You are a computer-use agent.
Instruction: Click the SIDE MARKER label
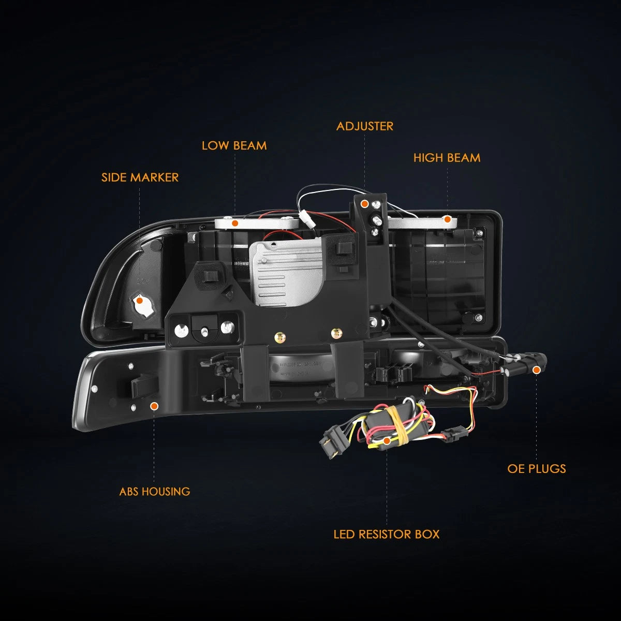click(140, 178)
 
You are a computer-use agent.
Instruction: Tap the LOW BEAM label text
click(234, 145)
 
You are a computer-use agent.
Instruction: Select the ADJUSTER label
click(364, 126)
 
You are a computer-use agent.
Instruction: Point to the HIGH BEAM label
click(447, 158)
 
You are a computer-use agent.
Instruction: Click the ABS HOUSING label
click(155, 492)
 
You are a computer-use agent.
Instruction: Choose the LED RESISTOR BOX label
click(387, 534)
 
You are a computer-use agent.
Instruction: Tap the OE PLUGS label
click(537, 468)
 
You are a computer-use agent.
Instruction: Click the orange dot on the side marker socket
click(140, 300)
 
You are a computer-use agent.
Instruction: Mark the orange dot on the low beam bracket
click(235, 223)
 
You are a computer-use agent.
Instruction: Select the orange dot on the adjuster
click(364, 204)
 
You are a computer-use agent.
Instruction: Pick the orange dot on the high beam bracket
click(447, 219)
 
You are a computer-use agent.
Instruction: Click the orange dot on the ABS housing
click(154, 406)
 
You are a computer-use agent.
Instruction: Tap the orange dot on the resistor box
click(387, 440)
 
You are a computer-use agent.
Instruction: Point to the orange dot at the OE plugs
click(536, 370)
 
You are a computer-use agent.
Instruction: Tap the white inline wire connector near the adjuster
click(304, 219)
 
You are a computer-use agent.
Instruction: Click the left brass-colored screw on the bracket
click(280, 337)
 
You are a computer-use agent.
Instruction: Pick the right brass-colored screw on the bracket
click(337, 333)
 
